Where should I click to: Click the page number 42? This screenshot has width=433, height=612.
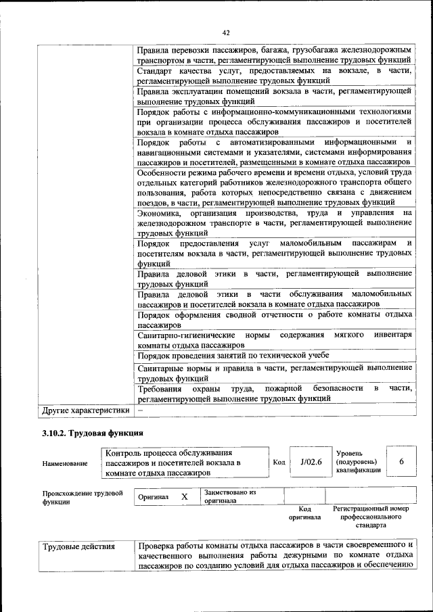226,32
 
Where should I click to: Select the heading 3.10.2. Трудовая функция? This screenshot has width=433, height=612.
93,433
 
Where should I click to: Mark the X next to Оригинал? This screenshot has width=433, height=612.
184,496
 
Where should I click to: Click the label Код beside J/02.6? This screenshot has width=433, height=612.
279,462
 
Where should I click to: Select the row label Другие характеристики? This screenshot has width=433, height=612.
85,410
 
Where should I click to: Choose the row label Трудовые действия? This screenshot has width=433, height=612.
79,546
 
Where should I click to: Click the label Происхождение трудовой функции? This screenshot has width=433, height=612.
83,498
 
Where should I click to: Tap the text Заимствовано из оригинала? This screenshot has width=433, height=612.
230,497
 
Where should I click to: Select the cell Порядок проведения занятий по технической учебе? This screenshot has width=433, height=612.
233,356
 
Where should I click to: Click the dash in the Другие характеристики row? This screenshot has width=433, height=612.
141,410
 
